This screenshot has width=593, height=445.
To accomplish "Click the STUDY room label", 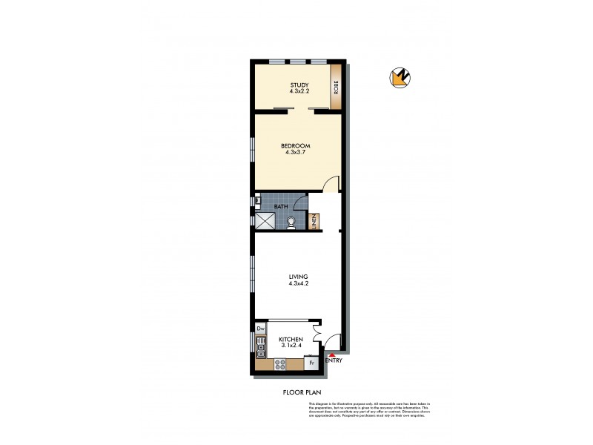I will point(299,85).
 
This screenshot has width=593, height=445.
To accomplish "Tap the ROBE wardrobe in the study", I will point(336,88).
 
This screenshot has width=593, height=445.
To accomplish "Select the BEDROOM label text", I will point(296,145).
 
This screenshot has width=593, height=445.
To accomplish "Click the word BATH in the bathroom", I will point(281,207).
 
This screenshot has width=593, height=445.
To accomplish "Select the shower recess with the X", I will point(263,220).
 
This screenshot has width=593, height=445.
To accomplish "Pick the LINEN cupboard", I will point(314,220).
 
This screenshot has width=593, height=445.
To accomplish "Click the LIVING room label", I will point(298,277).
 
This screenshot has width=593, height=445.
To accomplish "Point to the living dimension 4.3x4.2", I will point(298,283).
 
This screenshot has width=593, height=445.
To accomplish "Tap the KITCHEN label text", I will point(291,339).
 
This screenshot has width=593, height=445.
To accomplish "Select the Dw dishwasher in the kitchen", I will point(260,328).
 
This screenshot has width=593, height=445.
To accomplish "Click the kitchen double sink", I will point(260,344).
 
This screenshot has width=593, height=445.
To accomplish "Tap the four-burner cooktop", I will point(281,363).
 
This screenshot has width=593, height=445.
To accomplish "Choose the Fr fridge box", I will point(311,363).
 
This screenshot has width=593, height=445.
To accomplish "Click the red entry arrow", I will point(331,357).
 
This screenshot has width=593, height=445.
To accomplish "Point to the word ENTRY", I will point(334,361).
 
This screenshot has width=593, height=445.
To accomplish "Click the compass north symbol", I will point(400,77).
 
